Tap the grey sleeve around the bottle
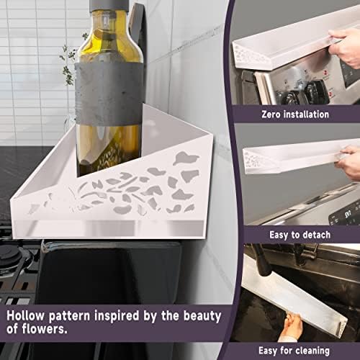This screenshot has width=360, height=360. coord(109,94)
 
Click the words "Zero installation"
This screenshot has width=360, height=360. coord(295,114)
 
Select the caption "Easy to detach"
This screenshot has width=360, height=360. coord(300,235)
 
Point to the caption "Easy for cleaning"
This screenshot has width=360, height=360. coord(294,351)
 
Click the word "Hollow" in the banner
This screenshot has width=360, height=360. coord(25,315)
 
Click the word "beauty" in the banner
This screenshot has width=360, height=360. coord(202,317)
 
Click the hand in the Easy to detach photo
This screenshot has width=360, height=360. coord(348,163)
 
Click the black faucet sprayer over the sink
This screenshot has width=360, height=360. coord(262,261)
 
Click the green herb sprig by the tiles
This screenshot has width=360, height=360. coord(68,60)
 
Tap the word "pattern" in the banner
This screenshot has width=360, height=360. coord(69,316)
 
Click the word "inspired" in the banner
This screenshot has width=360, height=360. coord(117,316)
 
